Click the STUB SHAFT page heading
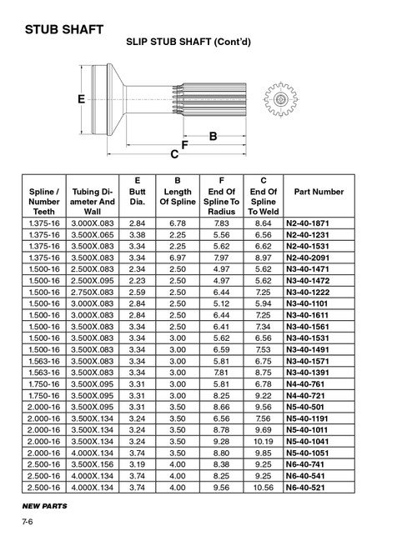coord(63,30)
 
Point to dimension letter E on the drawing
coord(82,99)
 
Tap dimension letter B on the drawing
coord(213,135)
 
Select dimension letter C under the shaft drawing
coord(174,155)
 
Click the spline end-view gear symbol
coord(280,100)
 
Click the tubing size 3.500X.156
coord(93,458)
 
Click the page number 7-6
coord(28,523)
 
